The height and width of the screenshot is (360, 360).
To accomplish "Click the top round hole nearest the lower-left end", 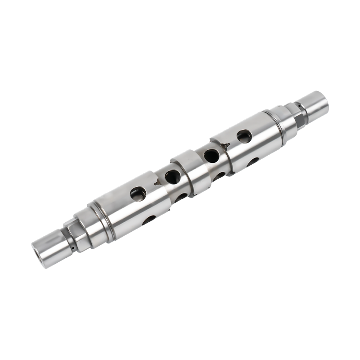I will (138, 194).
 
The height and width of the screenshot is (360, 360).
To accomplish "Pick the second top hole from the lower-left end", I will (172, 177).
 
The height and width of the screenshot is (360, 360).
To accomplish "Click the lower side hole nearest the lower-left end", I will (148, 220).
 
